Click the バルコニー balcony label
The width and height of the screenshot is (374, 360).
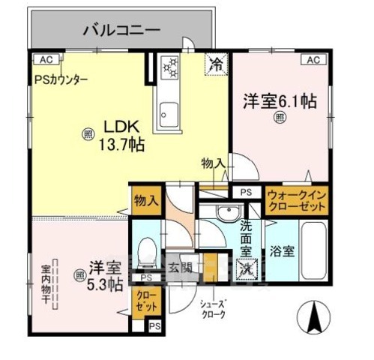click(121, 31)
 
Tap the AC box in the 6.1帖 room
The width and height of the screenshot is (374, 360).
click(313, 59)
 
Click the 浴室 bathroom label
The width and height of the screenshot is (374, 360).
click(283, 251)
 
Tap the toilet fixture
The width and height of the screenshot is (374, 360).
click(148, 248)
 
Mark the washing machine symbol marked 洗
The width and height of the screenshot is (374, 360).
click(247, 267)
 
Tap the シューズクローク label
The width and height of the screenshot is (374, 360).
click(214, 308)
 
